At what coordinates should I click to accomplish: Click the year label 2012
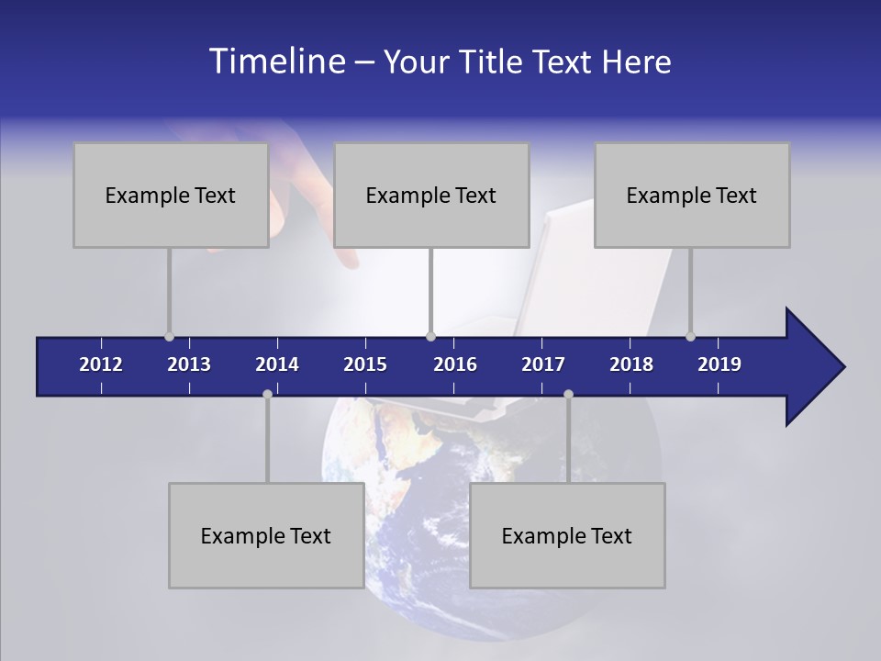(101, 364)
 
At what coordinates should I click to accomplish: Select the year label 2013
(189, 364)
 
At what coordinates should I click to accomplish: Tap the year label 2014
(277, 364)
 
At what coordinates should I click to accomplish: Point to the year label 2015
(365, 364)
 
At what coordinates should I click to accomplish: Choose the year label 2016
(455, 364)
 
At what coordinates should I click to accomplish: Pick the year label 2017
(543, 364)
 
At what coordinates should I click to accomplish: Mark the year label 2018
(631, 364)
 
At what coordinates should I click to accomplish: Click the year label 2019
(719, 364)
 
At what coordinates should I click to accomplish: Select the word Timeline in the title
(276, 62)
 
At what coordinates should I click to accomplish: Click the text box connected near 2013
(171, 195)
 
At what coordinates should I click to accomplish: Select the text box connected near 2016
(431, 195)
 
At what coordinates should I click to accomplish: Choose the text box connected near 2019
(692, 195)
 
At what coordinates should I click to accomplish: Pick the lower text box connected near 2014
(266, 535)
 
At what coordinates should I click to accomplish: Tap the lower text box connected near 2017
(567, 535)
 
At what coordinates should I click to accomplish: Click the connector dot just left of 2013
(169, 337)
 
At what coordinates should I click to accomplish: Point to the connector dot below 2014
(267, 394)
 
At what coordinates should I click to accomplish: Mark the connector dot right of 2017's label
(568, 394)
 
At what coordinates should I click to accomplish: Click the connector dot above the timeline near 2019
(690, 337)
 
